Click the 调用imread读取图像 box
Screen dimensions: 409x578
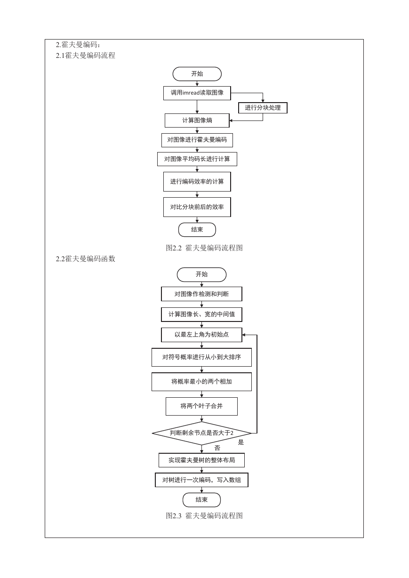coord(197,93)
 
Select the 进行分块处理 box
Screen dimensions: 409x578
coord(263,108)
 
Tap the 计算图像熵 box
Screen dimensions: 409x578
coord(197,120)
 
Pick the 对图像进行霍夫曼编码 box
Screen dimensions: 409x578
coord(197,140)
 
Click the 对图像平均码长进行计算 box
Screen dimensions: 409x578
coord(197,159)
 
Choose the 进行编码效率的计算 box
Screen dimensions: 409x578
coord(197,182)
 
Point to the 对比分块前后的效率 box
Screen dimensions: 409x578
coord(197,207)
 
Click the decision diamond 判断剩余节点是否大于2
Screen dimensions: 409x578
coord(201,433)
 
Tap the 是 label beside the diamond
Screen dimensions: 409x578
coord(241,442)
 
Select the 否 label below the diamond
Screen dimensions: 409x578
coord(217,448)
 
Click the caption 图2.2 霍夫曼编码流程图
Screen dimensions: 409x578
coord(204,248)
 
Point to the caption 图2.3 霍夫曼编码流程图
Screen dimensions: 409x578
coord(204,516)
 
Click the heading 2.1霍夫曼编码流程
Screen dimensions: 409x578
coord(85,56)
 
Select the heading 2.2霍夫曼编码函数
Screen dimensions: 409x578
coord(85,259)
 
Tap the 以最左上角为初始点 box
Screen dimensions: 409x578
coord(201,335)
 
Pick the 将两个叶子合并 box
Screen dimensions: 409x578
coord(201,406)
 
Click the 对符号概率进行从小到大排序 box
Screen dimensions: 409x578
coord(201,357)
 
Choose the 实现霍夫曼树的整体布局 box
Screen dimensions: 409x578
coord(201,460)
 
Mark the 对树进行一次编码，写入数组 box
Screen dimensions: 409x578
coord(201,480)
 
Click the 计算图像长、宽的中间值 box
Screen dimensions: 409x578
coord(201,314)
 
